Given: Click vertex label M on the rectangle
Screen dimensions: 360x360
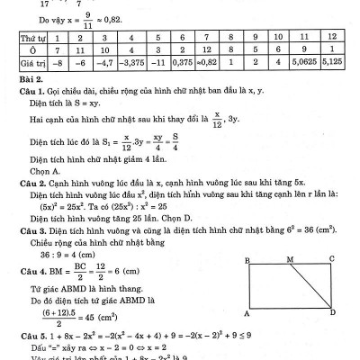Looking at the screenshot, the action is pyautogui.click(x=289, y=259).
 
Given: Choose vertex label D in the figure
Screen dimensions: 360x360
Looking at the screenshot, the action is pyautogui.click(x=334, y=313).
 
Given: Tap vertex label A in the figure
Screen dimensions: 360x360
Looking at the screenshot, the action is pyautogui.click(x=247, y=314).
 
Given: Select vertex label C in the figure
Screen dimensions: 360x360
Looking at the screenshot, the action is pyautogui.click(x=332, y=259).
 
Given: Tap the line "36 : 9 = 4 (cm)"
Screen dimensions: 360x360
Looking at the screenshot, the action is pyautogui.click(x=63, y=256).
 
